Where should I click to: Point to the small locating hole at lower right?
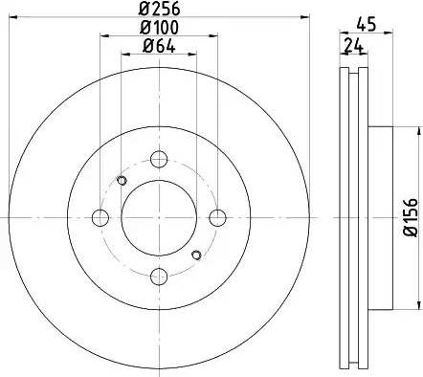[x=196, y=254]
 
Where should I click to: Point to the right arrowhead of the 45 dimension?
[x=390, y=36]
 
